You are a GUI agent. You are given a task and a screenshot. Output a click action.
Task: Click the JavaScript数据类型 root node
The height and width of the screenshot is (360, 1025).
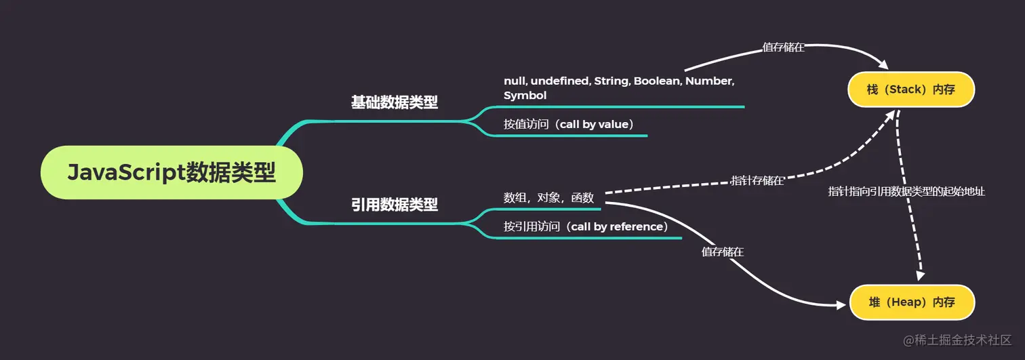point(172,172)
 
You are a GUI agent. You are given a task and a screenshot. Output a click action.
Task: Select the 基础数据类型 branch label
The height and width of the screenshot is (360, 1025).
point(394,102)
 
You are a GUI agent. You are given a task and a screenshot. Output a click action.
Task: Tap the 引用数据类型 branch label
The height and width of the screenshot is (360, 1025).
point(394,204)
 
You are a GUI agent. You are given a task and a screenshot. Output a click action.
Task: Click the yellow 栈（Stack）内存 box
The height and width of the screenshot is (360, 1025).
point(910,89)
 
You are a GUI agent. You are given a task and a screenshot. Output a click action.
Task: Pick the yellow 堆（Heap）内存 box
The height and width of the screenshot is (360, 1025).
point(911,302)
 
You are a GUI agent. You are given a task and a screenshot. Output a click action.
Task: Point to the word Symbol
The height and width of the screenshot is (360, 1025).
point(525,96)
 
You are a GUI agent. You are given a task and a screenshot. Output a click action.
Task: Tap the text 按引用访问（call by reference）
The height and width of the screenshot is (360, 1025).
point(585,226)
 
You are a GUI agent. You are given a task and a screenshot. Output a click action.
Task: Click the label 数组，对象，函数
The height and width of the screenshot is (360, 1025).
point(548,198)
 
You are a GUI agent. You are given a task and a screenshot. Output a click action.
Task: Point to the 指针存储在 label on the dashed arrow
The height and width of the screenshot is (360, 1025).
point(757,180)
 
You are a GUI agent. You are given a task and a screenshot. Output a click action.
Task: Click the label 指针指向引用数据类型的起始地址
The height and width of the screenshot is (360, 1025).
point(906,192)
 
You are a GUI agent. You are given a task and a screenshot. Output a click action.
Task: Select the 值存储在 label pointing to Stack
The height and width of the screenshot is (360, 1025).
point(784,47)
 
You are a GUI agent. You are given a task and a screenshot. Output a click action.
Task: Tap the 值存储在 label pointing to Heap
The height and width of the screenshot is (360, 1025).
point(723,252)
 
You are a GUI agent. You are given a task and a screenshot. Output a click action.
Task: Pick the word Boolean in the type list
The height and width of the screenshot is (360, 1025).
point(657,81)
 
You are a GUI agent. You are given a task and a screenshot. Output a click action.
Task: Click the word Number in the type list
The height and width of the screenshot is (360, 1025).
point(710,81)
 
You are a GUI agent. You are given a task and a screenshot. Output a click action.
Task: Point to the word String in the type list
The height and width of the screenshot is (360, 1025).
point(611,81)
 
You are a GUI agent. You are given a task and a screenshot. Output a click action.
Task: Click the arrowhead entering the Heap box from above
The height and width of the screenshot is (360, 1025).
point(921,277)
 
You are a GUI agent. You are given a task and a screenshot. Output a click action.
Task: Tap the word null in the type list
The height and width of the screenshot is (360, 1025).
point(514,81)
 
